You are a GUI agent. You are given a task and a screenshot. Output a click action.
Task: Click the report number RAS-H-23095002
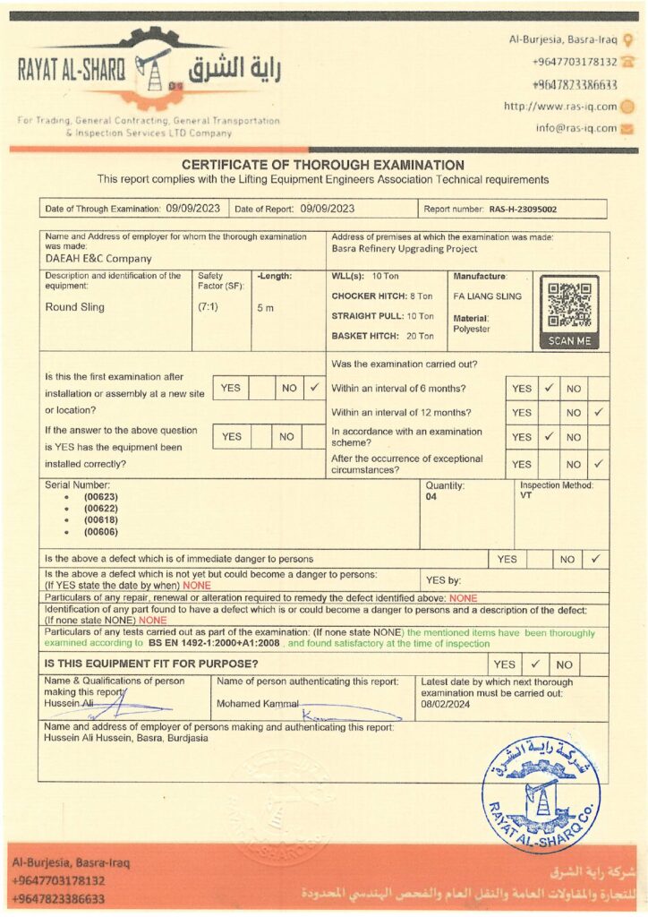(523, 210)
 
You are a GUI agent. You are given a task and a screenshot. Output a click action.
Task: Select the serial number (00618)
(101, 520)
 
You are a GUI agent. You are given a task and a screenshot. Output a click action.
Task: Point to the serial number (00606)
(101, 533)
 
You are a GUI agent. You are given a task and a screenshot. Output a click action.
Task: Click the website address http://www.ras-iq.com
(560, 106)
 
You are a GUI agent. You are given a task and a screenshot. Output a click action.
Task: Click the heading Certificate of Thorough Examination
(323, 165)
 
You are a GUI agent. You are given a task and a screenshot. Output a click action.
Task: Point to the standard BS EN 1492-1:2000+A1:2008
(215, 643)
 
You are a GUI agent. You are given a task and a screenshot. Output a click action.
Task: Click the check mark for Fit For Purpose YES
(535, 664)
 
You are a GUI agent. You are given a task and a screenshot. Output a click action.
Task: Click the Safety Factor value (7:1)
(208, 307)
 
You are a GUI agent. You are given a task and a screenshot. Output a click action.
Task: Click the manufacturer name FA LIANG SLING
(489, 294)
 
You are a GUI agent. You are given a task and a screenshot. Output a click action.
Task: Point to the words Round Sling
(75, 307)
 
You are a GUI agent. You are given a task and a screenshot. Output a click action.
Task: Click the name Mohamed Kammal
(257, 704)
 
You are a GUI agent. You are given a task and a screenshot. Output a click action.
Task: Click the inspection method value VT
(525, 496)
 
